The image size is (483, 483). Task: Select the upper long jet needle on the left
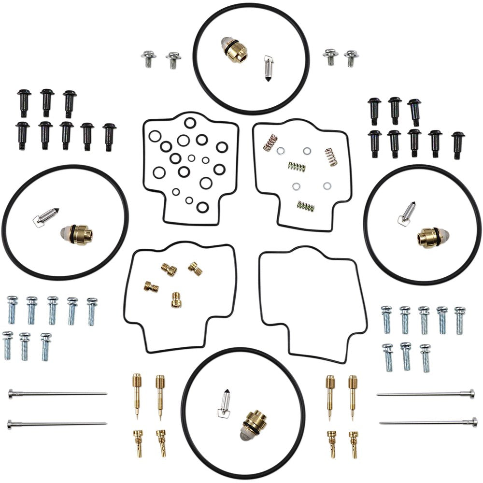click(x=58, y=394)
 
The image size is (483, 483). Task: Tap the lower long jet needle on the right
click(x=427, y=423)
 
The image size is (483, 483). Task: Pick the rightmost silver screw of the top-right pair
click(x=351, y=58)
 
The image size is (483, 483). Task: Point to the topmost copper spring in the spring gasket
click(x=270, y=142)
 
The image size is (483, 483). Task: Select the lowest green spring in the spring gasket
click(x=306, y=206)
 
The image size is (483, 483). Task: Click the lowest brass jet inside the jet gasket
click(x=176, y=300)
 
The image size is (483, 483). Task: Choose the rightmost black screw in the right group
click(x=458, y=145)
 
